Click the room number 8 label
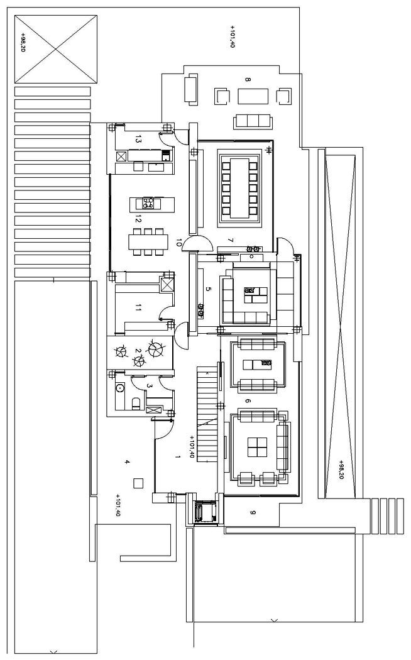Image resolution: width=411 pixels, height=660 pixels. point(248,80)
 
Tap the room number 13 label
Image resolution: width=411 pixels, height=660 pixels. point(138,139)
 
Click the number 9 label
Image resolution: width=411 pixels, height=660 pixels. point(253,512)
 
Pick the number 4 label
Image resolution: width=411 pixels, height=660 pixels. point(126,462)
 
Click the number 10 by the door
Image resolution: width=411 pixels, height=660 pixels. point(178,243)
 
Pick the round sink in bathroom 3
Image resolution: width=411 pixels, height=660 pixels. point(120,387)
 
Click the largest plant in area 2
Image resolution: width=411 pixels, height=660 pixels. point(155,348)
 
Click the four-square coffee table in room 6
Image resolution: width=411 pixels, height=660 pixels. point(257,447)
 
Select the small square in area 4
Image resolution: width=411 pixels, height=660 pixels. point(138,483)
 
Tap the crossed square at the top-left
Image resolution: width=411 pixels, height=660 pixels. point(56,49)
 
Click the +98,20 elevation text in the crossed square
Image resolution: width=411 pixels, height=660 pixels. point(23,41)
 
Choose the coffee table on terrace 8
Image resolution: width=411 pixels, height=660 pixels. point(253,96)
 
